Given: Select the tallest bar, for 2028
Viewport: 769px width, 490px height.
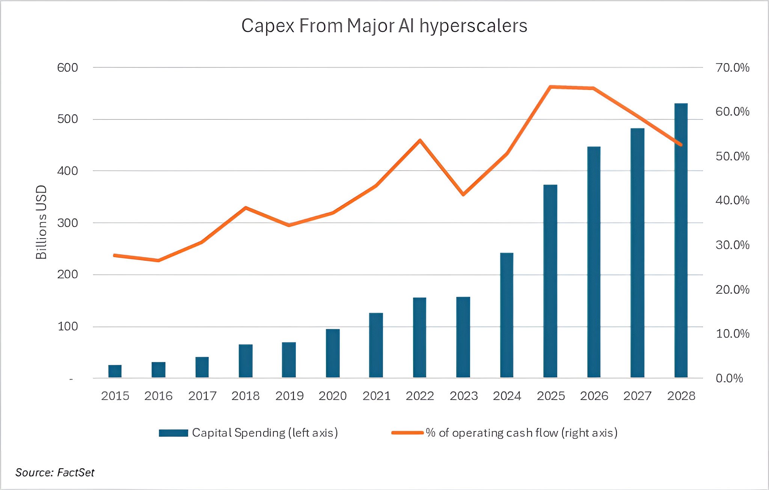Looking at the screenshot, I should point(681,240).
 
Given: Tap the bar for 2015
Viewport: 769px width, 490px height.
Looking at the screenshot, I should point(115,371).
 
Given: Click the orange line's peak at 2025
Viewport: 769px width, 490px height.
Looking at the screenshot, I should point(550,87).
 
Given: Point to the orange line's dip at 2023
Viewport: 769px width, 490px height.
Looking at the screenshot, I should point(463,194).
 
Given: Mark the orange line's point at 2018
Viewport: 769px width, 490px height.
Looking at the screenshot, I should point(246,207).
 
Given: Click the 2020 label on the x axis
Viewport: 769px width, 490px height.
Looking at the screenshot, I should point(333,396).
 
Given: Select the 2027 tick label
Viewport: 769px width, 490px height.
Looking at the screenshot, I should point(637,396).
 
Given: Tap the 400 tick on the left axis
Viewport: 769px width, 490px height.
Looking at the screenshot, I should point(68,171).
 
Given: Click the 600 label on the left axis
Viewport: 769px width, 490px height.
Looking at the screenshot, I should point(68,68).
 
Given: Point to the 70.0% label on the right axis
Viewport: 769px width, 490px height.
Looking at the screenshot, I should point(732,68).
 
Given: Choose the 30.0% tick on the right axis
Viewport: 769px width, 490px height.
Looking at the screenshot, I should point(732,245).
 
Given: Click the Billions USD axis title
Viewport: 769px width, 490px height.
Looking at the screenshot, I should point(41,222).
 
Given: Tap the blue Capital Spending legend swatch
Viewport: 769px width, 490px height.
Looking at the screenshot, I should point(173,433).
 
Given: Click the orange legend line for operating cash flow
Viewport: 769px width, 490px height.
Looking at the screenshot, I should point(407,433).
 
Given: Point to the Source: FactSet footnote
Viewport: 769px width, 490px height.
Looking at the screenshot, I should point(55,472).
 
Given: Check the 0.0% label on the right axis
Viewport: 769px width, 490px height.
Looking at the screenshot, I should point(729,378).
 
